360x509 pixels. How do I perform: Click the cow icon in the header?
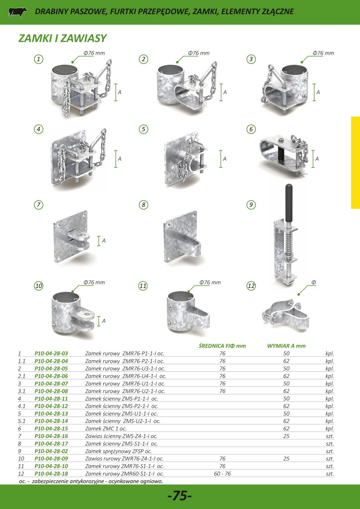(17, 12)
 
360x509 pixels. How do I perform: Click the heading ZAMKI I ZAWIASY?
(62, 38)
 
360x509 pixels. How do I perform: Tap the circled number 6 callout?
(251, 129)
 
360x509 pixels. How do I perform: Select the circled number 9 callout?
(251, 205)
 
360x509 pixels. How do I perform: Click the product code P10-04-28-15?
(51, 429)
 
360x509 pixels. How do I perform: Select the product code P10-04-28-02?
(51, 451)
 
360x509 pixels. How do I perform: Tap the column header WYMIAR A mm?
(286, 346)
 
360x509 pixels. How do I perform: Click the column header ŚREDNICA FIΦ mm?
(222, 346)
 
